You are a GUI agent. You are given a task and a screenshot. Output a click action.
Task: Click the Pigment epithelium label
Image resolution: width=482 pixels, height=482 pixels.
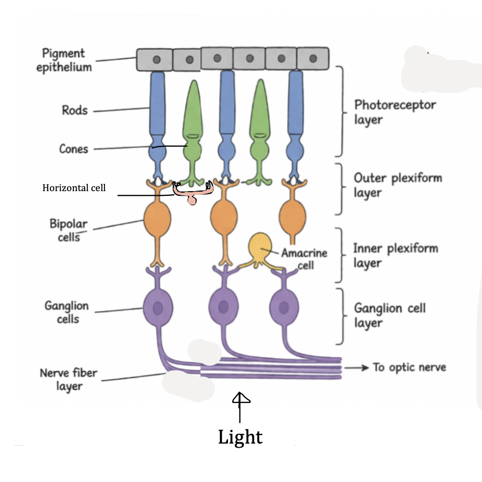point(64,60)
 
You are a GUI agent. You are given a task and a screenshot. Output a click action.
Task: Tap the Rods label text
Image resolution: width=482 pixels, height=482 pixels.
point(75,110)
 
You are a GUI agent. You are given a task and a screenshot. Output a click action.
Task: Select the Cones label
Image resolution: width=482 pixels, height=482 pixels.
point(73,149)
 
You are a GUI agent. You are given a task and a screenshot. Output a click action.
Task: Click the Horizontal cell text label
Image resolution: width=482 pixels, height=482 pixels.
point(74,188)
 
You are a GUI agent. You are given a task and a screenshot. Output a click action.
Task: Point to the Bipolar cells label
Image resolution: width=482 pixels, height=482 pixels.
point(68,230)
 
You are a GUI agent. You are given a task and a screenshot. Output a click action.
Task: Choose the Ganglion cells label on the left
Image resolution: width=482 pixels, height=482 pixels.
point(66,312)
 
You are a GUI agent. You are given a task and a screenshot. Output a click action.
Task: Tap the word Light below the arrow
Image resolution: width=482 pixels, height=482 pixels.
point(240,437)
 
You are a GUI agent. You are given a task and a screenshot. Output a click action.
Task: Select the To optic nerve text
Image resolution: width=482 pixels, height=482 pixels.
point(409,367)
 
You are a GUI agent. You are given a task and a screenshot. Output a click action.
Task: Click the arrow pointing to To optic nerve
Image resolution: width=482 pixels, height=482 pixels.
point(356,367)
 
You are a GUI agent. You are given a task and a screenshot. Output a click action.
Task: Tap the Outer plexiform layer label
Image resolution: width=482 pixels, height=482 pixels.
point(397,185)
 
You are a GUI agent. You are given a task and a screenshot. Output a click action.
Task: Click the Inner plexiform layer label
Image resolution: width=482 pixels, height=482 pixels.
point(395,256)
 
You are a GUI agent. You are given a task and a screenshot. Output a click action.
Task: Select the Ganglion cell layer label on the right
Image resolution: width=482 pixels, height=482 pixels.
point(390,315)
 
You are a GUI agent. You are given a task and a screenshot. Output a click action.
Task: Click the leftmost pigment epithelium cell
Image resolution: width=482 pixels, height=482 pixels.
point(154,60)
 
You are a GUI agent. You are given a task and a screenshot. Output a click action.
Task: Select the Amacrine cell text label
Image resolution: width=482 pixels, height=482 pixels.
point(304,259)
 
